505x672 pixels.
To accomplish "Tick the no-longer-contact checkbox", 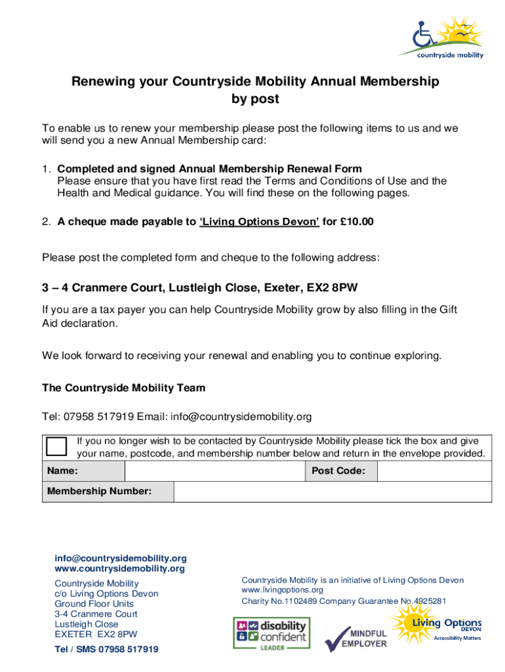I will click(x=56, y=446).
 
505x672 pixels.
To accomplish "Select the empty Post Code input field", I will click(x=434, y=471).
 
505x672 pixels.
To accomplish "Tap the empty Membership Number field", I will click(x=332, y=492).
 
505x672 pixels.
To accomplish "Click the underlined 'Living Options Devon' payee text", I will click(x=259, y=222).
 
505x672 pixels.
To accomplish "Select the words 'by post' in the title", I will click(x=255, y=99).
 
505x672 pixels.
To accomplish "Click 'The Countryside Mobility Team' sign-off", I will click(x=123, y=388).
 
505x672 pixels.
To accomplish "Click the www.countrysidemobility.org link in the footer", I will click(x=119, y=568).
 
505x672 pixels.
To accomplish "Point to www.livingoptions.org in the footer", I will click(x=282, y=590).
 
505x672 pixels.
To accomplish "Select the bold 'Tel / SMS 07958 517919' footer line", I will click(x=106, y=650).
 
